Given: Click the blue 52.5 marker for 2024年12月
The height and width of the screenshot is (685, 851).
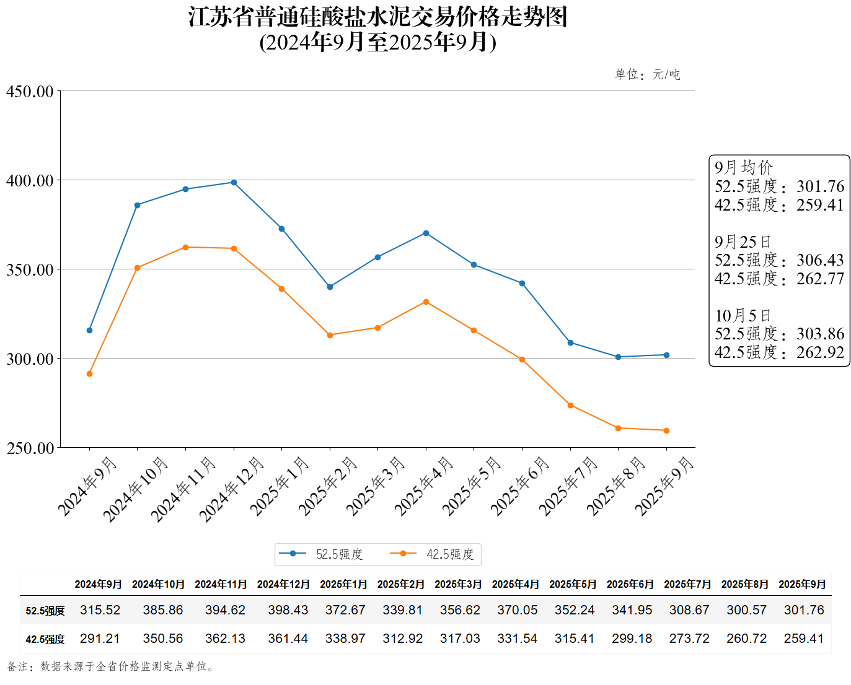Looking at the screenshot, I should coord(234,183).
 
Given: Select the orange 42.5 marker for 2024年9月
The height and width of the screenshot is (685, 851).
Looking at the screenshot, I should coord(89,374).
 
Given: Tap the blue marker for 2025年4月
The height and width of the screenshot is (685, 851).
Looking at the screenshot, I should coord(426,233).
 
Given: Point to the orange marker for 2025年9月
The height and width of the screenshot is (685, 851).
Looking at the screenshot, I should coord(666,430).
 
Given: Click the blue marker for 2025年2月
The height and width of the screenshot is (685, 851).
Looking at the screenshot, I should coord(330,287).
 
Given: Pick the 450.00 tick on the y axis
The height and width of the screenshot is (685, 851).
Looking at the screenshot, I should coord(30,92).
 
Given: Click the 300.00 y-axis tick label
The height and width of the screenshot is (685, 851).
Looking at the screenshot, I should coord(30,359).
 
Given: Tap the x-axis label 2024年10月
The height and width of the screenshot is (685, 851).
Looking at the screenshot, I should coord(136,489).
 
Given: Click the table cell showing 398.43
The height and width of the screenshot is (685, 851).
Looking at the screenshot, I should coord(288,610).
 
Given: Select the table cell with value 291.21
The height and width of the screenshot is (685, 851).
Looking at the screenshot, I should coord(100,639).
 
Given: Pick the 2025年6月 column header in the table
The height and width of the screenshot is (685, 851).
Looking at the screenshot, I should coord(630,584).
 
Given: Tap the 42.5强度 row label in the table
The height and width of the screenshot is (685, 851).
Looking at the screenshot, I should coord(45,639).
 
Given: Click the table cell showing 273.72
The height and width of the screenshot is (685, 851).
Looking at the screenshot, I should coord(689,639).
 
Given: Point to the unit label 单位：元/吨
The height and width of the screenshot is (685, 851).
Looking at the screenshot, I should coord(647,74).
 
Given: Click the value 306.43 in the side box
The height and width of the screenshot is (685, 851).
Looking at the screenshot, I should coord(820,260).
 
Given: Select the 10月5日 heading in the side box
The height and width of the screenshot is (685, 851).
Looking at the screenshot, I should coord(743,315).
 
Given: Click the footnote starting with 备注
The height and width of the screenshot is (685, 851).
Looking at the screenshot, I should coord(112,666).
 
